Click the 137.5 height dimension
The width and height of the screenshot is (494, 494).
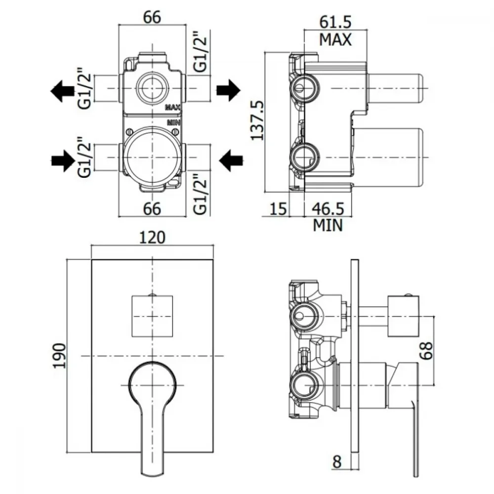(x=257, y=120)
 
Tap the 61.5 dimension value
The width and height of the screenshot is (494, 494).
(x=335, y=22)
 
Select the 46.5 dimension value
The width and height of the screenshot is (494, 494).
(x=328, y=208)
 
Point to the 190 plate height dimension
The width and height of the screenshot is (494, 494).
(x=59, y=356)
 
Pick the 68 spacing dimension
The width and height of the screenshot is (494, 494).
(x=426, y=350)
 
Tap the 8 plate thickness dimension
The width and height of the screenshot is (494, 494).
(x=337, y=462)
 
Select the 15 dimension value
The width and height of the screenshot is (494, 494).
(x=278, y=208)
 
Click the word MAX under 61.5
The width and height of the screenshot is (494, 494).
(x=335, y=40)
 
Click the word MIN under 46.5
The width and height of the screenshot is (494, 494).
(x=328, y=225)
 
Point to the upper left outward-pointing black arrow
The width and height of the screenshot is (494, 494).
(x=62, y=91)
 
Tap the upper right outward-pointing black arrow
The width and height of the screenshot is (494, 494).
(x=228, y=90)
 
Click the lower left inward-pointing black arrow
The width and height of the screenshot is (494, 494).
(x=63, y=161)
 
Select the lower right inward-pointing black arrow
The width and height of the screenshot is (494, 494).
(x=231, y=161)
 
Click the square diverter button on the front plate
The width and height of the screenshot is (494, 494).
(x=152, y=316)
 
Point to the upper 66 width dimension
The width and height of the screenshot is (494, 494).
(x=152, y=17)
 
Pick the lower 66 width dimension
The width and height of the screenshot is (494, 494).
(x=152, y=208)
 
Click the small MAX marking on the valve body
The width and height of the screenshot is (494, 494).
(x=172, y=107)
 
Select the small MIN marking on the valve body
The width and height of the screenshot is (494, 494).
(x=173, y=122)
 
